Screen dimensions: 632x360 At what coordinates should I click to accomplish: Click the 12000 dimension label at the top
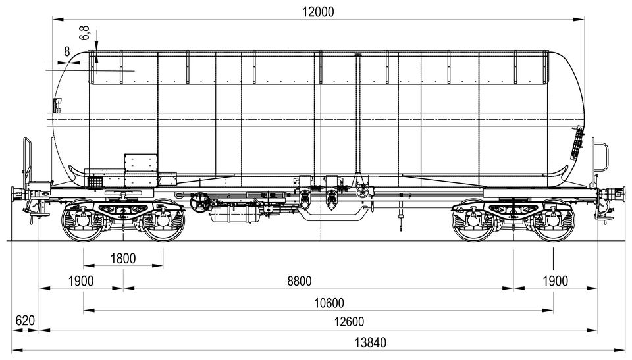pyautogui.click(x=318, y=12)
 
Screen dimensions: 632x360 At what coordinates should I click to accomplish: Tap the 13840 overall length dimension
pyautogui.click(x=370, y=343)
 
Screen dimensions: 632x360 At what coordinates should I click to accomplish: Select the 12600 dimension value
pyautogui.click(x=349, y=322)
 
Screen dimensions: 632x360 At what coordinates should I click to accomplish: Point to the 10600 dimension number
pyautogui.click(x=329, y=303)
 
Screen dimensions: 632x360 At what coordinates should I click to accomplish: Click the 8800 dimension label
pyautogui.click(x=299, y=281)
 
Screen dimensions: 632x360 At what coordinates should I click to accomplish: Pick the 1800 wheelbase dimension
pyautogui.click(x=123, y=259)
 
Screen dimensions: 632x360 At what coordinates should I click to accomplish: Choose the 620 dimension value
pyautogui.click(x=25, y=321)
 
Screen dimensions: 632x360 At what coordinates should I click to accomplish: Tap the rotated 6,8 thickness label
pyautogui.click(x=84, y=33)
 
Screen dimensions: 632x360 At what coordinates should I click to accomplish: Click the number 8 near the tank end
pyautogui.click(x=67, y=51)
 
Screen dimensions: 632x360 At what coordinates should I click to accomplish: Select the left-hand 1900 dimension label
pyautogui.click(x=81, y=281)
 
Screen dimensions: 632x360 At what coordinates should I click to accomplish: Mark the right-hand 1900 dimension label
pyautogui.click(x=555, y=281)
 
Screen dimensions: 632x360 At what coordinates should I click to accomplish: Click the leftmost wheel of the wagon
pyautogui.click(x=82, y=220)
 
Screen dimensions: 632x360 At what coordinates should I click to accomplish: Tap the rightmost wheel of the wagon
pyautogui.click(x=554, y=220)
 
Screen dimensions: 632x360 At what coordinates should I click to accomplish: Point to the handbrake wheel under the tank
pyautogui.click(x=200, y=202)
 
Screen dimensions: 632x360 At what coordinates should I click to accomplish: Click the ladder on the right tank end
pyautogui.click(x=577, y=143)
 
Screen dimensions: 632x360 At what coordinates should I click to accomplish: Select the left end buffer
pyautogui.click(x=18, y=195)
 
